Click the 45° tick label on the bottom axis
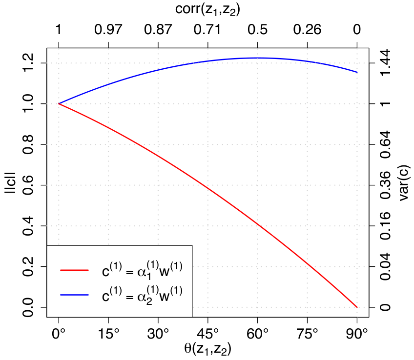[x=208, y=334]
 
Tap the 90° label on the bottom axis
[x=357, y=334]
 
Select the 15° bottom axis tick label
[x=108, y=334]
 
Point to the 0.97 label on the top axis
[x=108, y=29]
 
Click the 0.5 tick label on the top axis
[x=257, y=29]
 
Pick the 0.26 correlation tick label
[x=307, y=29]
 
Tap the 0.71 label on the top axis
[x=207, y=29]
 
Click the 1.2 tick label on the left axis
[x=28, y=63]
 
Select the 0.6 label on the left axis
[x=28, y=185]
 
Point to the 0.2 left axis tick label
[x=28, y=267]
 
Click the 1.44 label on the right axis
[x=385, y=62]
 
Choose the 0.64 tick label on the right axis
[x=385, y=144]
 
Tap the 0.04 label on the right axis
[x=385, y=266]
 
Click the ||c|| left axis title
[x=11, y=183]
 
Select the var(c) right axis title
[x=403, y=183]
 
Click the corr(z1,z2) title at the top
[x=207, y=9]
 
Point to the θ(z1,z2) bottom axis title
[x=207, y=349]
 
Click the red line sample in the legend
[x=74, y=270]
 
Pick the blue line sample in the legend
[x=74, y=295]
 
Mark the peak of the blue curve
[x=257, y=58]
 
